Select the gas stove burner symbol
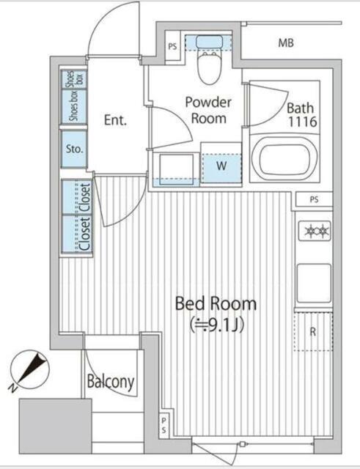pyautogui.click(x=315, y=231)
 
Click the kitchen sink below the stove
pyautogui.click(x=314, y=284)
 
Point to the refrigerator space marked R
pyautogui.click(x=313, y=331)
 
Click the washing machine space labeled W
pyautogui.click(x=221, y=166)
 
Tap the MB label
pyautogui.click(x=286, y=43)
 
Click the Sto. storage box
pyautogui.click(x=74, y=149)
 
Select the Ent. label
pyautogui.click(x=116, y=120)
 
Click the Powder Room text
pyautogui.click(x=208, y=110)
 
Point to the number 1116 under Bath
pyautogui.click(x=302, y=122)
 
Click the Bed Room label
pyautogui.click(x=216, y=303)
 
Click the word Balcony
pyautogui.click(x=111, y=382)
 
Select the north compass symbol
pyautogui.click(x=29, y=370)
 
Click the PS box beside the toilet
pyautogui.click(x=173, y=46)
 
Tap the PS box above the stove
pyautogui.click(x=315, y=199)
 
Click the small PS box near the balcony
pyautogui.click(x=164, y=425)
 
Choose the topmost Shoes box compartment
pyautogui.click(x=74, y=79)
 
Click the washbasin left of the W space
pyautogui.click(x=176, y=169)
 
